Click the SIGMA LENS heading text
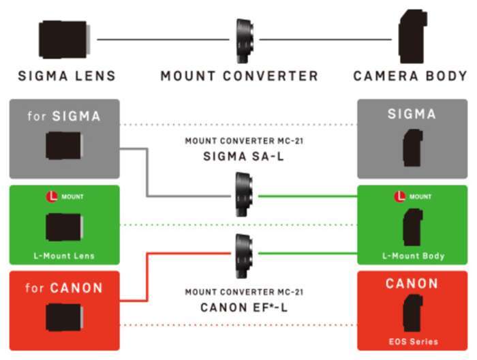click(67, 76)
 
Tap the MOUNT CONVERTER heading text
click(239, 76)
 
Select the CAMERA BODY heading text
click(410, 76)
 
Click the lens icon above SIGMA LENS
click(64, 39)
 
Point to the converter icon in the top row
click(245, 40)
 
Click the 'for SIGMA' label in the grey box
click(64, 116)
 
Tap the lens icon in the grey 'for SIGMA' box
click(65, 145)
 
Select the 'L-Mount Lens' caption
click(64, 256)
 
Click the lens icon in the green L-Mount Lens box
click(65, 226)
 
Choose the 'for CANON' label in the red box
click(64, 288)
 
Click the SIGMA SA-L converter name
click(243, 156)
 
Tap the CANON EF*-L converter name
click(243, 307)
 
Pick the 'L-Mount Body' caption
click(413, 256)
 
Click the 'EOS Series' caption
click(413, 341)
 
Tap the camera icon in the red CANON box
click(412, 313)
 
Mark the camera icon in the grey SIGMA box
click(412, 145)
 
